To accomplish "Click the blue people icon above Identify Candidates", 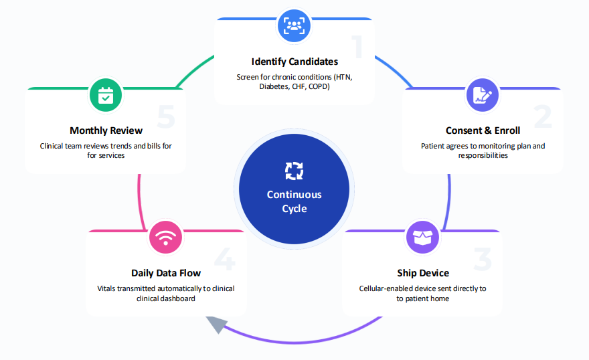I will pos(294,25).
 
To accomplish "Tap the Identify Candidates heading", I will pos(294,62).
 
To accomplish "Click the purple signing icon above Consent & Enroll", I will pos(483,94).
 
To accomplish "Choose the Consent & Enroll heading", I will pos(483,130).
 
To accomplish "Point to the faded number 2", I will pos(543,117).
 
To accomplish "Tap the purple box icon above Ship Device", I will pos(422,238).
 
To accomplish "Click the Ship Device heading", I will pos(422,273).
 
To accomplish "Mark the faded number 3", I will pos(483,260).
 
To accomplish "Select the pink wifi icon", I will pos(166,238).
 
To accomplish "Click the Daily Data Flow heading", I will pos(166,273).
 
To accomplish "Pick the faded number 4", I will pos(226,260).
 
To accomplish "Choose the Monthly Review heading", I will pos(106,130).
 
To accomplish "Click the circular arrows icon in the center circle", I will pos(294,171).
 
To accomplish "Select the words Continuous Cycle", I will pos(294,201).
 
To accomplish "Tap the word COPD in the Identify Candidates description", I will pos(319,87).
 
